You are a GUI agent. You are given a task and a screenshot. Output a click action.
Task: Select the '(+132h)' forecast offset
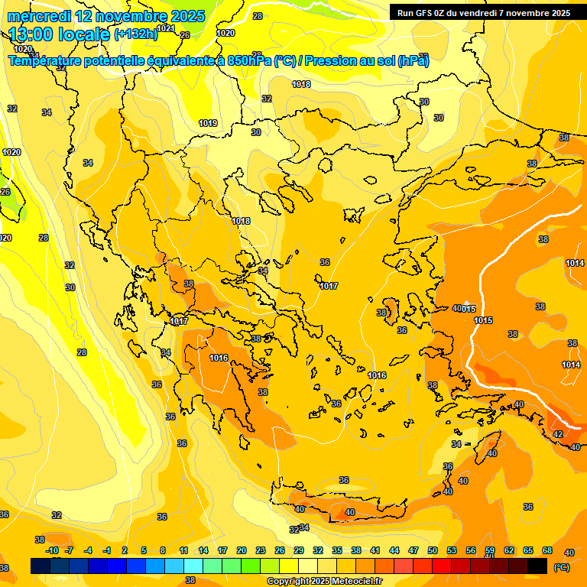point(135,34)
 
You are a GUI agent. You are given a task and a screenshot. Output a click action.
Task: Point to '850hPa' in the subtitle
point(248,60)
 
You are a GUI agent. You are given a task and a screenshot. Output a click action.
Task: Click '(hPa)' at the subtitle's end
point(413,60)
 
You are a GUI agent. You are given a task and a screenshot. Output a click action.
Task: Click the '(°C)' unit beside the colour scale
point(561,568)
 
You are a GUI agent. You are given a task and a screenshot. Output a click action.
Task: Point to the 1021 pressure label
point(166,29)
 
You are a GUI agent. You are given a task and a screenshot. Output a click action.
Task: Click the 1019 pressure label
point(208,123)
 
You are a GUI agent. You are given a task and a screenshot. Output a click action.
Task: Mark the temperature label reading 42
point(558,433)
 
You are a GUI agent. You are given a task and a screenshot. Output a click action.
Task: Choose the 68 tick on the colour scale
point(547,550)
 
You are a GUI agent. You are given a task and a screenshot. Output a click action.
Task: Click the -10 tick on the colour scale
point(52,550)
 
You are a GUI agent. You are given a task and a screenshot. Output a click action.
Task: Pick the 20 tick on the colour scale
point(242,550)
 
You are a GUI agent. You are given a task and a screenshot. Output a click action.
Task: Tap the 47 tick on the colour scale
point(413,550)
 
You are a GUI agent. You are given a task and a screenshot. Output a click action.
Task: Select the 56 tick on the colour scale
point(471,550)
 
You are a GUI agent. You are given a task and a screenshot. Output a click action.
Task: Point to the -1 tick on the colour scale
point(107,550)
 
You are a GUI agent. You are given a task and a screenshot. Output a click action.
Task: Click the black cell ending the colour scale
point(537,566)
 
